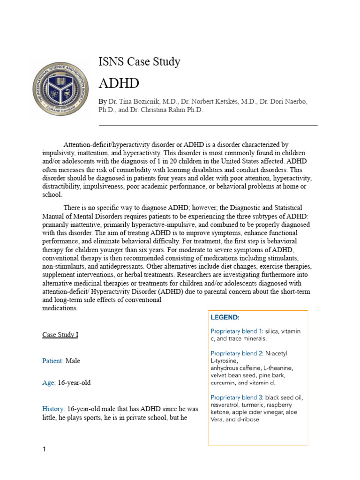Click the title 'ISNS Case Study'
click(139, 61)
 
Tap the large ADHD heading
click(119, 83)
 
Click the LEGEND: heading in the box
click(225, 317)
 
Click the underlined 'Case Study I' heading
click(60, 335)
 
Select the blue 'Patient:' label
click(53, 361)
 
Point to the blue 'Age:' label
click(49, 382)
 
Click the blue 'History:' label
click(53, 409)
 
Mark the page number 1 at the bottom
click(44, 450)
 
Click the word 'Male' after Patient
click(76, 361)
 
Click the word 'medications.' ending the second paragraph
click(60, 308)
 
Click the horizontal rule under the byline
click(208, 125)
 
